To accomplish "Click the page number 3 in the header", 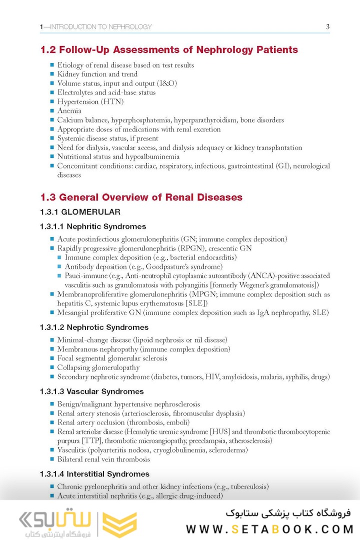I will (x=327, y=27).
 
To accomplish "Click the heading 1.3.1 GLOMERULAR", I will (x=80, y=212).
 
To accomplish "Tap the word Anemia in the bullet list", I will (x=69, y=111).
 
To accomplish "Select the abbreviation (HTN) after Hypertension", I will (x=112, y=101).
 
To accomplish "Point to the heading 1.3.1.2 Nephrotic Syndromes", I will (x=94, y=327).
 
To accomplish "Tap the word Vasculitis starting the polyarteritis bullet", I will (x=73, y=450).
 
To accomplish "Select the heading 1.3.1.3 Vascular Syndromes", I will (x=91, y=391).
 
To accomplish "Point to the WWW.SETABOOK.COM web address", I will (x=269, y=529).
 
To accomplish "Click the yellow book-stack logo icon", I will (x=119, y=524).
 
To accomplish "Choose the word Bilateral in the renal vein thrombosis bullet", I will (x=71, y=459).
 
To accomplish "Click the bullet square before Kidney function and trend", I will (x=52, y=74).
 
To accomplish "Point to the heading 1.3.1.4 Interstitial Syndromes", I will (x=94, y=474).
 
